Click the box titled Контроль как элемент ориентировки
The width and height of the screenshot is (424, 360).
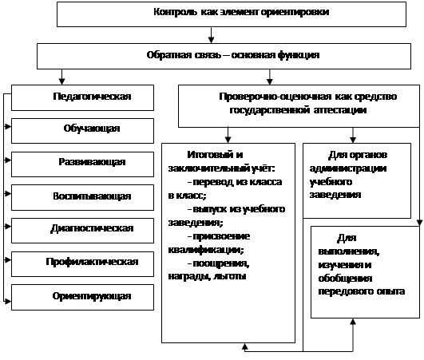tap(232, 14)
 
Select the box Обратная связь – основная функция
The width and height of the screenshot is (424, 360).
tap(224, 56)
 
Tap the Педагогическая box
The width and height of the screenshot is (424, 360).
tap(82, 98)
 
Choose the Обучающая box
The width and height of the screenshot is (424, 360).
tap(82, 131)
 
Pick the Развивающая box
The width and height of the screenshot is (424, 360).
tap(82, 164)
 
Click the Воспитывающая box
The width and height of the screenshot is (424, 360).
tap(82, 198)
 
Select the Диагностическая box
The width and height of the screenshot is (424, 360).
tap(82, 231)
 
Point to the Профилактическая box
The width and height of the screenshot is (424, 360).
tap(82, 264)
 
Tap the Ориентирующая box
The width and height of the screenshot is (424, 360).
tap(82, 297)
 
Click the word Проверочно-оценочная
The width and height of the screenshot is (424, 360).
tap(275, 97)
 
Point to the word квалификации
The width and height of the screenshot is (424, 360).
tap(206, 250)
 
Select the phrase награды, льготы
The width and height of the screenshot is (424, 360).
tap(207, 276)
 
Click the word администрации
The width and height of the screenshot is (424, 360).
tap(348, 168)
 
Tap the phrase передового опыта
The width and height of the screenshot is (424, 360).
tap(361, 291)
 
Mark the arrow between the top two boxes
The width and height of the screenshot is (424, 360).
tap(211, 35)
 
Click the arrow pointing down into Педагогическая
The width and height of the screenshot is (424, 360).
tap(62, 77)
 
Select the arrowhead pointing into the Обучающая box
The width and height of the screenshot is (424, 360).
tap(8, 126)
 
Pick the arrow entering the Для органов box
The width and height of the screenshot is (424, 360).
tap(353, 135)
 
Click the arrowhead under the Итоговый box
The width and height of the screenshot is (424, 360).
tap(244, 346)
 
